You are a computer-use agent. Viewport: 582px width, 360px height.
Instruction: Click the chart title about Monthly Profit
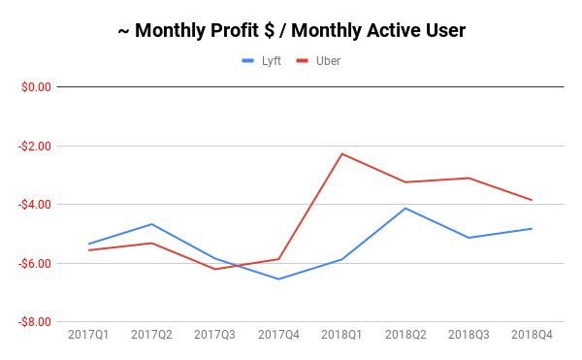(x=291, y=31)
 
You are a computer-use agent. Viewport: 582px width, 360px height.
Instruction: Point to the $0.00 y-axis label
(x=36, y=87)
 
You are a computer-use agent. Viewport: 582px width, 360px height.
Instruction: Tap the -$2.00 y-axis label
(x=35, y=146)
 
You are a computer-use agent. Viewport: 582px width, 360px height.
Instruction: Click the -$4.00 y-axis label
(x=35, y=205)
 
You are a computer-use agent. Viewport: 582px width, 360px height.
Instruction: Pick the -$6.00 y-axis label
(x=35, y=263)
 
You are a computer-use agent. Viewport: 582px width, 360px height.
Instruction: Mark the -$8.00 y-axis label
(x=35, y=322)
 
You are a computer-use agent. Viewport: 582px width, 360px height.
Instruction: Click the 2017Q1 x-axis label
(x=88, y=335)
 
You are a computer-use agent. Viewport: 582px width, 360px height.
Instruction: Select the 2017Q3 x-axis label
(x=214, y=335)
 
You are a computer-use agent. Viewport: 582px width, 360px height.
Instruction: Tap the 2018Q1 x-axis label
(x=341, y=335)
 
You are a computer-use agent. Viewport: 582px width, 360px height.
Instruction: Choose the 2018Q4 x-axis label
(x=532, y=335)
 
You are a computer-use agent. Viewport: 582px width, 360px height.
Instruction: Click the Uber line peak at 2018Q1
(x=341, y=153)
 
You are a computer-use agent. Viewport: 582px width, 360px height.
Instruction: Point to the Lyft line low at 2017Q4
(x=278, y=279)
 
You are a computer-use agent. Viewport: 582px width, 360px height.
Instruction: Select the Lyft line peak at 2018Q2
(x=405, y=208)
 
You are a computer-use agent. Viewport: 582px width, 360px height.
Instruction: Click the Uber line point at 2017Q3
(x=214, y=269)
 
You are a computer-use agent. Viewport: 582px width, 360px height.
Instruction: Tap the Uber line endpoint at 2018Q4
(x=532, y=200)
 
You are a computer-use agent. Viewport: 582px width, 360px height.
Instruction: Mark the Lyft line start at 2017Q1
(x=88, y=244)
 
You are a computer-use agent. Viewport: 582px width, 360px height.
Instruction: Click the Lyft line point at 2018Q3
(x=469, y=238)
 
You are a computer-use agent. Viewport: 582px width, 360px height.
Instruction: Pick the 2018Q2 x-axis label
(x=405, y=335)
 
